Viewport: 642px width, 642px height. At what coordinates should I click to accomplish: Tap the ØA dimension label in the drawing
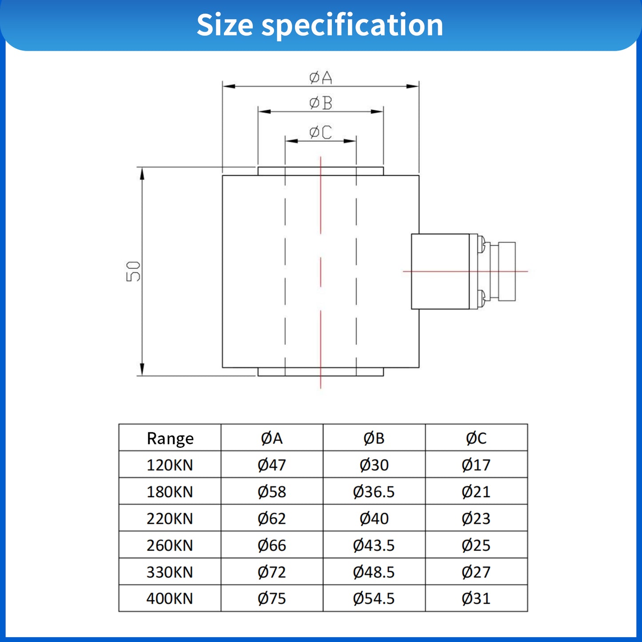pyautogui.click(x=320, y=78)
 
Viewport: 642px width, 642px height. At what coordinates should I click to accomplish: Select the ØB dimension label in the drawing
pyautogui.click(x=320, y=103)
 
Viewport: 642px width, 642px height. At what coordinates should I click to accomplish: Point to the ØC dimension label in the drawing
pyautogui.click(x=320, y=132)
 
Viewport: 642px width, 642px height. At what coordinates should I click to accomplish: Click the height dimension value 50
pyautogui.click(x=133, y=271)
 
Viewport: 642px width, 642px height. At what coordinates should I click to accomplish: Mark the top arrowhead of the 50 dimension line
pyautogui.click(x=142, y=174)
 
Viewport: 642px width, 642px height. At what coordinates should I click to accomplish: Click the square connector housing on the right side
pyautogui.click(x=440, y=271)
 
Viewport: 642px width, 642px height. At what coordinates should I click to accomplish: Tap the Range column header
pyautogui.click(x=170, y=439)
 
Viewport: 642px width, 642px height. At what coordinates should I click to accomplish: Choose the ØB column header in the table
pyautogui.click(x=374, y=439)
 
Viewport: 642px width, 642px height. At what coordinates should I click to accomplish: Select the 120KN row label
pyautogui.click(x=170, y=465)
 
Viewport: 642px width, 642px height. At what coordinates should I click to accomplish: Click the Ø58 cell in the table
pyautogui.click(x=271, y=492)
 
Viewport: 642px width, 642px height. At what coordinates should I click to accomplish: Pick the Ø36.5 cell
pyautogui.click(x=374, y=492)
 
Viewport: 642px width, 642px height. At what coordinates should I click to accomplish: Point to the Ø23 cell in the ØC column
pyautogui.click(x=476, y=518)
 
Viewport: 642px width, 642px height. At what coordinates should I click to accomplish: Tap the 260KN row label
pyautogui.click(x=170, y=545)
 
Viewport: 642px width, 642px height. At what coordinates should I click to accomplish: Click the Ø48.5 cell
pyautogui.click(x=374, y=572)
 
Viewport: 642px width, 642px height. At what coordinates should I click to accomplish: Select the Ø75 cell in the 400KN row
pyautogui.click(x=271, y=598)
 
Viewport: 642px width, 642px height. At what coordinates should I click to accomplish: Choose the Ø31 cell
pyautogui.click(x=476, y=598)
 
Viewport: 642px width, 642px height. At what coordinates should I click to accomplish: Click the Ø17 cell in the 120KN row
pyautogui.click(x=476, y=465)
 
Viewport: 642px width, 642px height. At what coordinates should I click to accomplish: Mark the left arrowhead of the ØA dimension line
pyautogui.click(x=228, y=86)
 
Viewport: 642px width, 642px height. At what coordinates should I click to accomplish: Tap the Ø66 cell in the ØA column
pyautogui.click(x=271, y=545)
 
